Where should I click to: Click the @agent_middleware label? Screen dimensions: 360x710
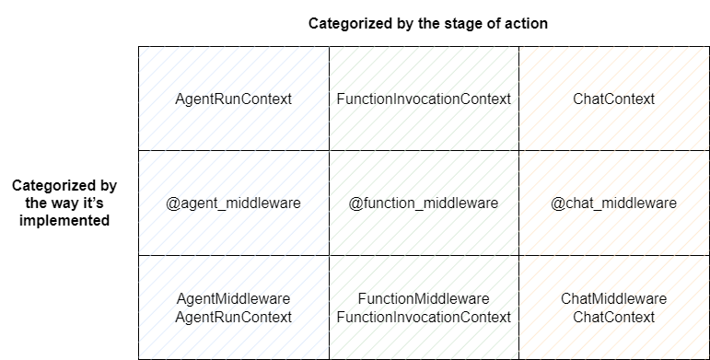(233, 203)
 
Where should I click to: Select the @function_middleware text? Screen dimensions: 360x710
(424, 203)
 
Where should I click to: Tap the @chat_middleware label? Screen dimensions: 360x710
(613, 203)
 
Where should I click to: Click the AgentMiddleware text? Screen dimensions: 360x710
(233, 298)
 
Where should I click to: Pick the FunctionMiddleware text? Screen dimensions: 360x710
(424, 298)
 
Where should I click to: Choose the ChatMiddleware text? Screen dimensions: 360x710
(613, 298)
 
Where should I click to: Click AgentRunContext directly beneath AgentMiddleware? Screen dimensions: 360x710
(233, 317)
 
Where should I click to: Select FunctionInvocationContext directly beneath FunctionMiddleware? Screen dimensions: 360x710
(424, 317)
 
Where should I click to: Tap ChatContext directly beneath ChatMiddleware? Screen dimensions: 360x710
(613, 317)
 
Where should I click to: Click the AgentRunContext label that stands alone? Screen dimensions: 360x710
(233, 99)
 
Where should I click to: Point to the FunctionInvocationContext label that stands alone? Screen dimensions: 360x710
(424, 99)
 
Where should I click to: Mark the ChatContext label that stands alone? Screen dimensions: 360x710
(613, 99)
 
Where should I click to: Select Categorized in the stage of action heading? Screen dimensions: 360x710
(347, 23)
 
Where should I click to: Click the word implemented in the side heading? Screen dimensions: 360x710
(64, 220)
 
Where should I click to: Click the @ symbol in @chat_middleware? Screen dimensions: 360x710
(557, 203)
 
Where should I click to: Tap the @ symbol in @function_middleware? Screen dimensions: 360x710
(355, 203)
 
